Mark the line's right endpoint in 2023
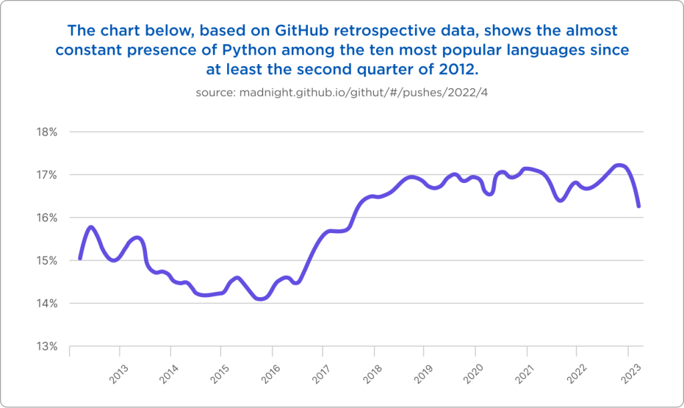(x=639, y=206)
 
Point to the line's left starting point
(x=80, y=258)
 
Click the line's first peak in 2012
(x=92, y=228)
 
